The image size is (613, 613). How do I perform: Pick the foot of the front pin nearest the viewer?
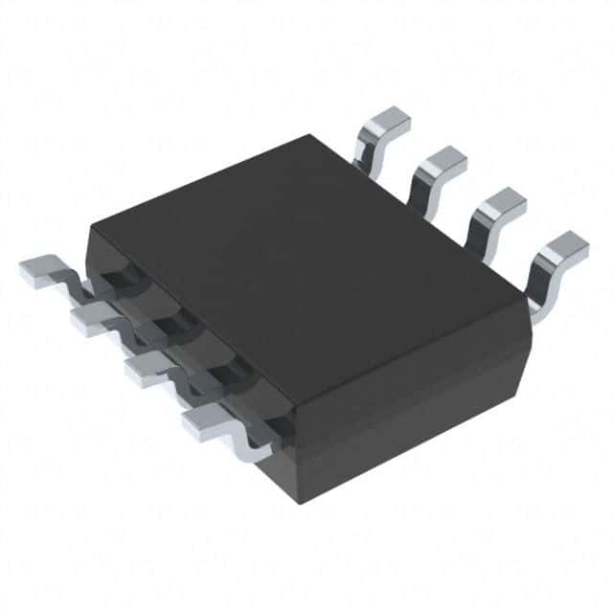pyautogui.click(x=204, y=421)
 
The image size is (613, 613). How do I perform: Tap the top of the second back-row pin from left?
pyautogui.click(x=442, y=164)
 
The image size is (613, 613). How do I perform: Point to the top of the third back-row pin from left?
pyautogui.click(x=501, y=205)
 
